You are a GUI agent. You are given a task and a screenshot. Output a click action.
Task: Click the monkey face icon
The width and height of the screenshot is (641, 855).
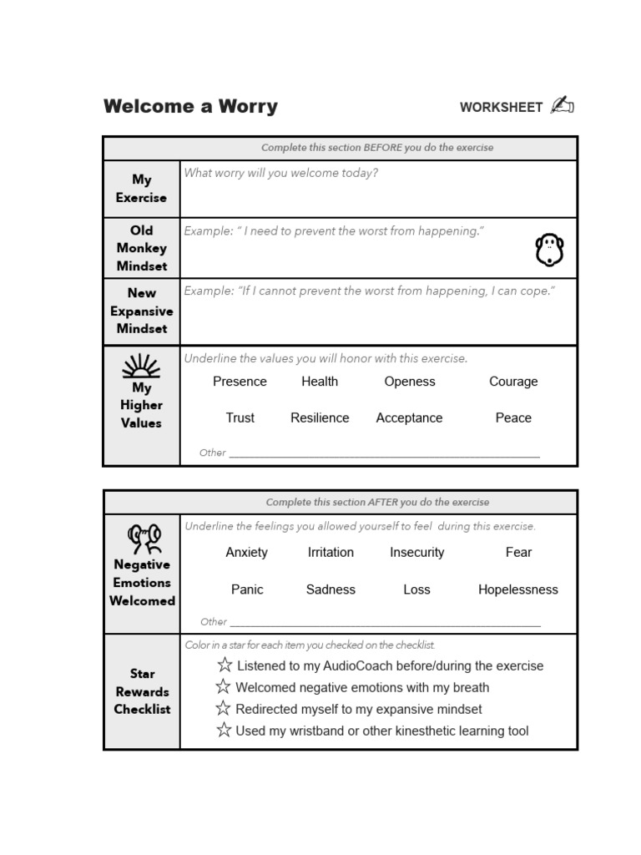coord(549,250)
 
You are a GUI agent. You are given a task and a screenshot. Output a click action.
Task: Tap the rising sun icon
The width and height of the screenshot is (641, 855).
coord(141,366)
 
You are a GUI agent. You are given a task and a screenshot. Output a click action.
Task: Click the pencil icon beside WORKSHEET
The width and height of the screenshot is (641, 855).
coord(562,106)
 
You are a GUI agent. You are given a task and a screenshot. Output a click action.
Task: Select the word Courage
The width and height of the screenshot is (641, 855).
coord(513,382)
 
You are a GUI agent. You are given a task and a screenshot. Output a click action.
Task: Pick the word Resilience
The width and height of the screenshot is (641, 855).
coord(320,418)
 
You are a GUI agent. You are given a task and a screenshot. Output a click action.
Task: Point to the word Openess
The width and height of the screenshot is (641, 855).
coord(410,382)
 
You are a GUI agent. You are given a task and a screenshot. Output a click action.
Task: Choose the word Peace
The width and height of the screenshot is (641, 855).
coord(513,418)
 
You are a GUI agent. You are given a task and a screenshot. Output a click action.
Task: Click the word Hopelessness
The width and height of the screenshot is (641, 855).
coord(517,589)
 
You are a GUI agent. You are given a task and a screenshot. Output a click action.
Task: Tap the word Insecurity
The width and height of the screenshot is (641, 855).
coord(416,553)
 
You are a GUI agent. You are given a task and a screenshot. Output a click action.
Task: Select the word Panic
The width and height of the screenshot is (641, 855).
coord(247,589)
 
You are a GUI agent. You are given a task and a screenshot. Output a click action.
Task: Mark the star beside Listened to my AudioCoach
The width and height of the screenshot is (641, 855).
coord(225,665)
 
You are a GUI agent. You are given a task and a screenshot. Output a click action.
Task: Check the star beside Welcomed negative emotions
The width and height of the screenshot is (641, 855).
coord(223,687)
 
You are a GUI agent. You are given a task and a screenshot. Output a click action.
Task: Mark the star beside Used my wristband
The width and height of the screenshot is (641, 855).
coord(223,731)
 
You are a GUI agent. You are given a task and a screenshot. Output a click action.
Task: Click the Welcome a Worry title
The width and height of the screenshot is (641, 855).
coord(190,107)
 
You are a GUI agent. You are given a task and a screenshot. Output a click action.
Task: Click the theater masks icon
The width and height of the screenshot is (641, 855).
coord(144,539)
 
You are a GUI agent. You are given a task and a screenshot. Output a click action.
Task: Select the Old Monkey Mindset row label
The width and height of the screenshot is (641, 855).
coord(141,248)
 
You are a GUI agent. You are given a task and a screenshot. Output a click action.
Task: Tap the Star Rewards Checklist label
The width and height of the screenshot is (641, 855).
coord(142,691)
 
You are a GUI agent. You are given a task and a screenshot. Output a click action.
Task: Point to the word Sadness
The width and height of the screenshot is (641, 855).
coord(331,589)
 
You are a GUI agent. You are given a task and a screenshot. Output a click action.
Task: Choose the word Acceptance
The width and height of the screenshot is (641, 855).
coord(409,418)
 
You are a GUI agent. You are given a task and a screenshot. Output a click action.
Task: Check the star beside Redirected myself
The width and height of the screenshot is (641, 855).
coord(223,709)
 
